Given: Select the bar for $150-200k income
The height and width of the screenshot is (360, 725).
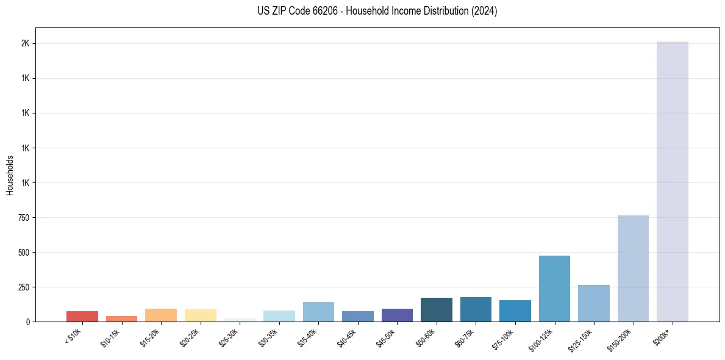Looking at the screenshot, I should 633,268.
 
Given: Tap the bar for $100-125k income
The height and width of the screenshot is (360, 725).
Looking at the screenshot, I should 554,289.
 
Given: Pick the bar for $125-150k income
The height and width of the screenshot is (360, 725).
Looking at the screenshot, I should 593,303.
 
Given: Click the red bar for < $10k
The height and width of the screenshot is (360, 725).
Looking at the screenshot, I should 82,316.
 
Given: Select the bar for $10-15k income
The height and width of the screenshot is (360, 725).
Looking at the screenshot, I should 121,319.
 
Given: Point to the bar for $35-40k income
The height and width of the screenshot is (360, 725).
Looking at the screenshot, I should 318,312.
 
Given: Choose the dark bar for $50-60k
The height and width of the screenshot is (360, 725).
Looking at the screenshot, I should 436,309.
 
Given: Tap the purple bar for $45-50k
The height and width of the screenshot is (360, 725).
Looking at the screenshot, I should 397,315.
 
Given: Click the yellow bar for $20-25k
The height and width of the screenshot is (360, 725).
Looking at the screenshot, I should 200,315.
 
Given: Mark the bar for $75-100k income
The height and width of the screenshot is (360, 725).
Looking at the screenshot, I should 515,311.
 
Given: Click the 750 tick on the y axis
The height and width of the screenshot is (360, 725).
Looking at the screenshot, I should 24,218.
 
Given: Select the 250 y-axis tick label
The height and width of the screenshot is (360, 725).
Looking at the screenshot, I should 24,287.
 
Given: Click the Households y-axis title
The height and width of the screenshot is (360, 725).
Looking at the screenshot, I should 10,175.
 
